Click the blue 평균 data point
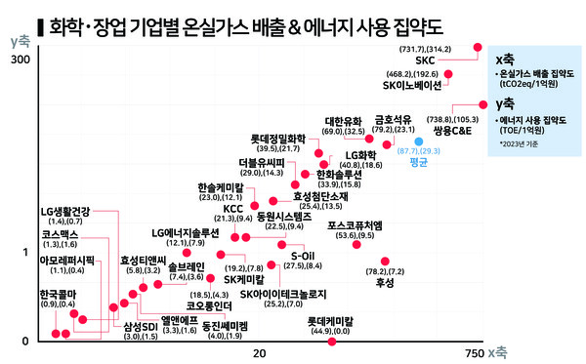click(x=418, y=142)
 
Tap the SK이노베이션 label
click(x=412, y=85)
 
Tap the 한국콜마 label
click(x=58, y=293)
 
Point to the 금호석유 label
click(x=396, y=120)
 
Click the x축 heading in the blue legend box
click(x=506, y=57)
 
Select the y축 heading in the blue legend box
click(x=506, y=101)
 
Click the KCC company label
click(x=232, y=207)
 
